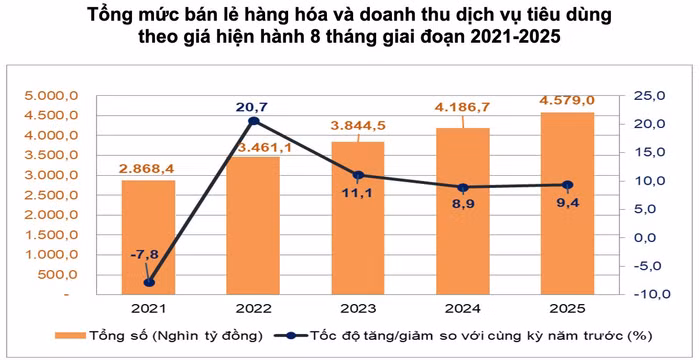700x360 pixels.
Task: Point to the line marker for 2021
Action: [149, 282]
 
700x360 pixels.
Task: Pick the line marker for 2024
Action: [463, 188]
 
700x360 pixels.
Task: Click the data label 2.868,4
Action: [149, 168]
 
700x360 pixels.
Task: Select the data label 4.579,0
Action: [567, 100]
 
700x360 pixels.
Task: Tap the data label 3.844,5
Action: [358, 129]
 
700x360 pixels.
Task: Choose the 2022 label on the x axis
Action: [254, 310]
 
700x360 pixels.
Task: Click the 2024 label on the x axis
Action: [463, 310]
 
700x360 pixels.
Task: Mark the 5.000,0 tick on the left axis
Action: [58, 96]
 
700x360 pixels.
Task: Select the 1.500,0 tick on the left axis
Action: [58, 235]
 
